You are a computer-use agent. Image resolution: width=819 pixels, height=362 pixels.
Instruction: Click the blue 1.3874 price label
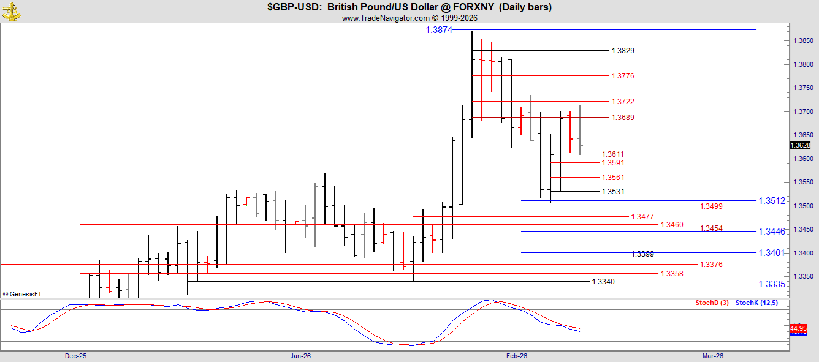click(439, 30)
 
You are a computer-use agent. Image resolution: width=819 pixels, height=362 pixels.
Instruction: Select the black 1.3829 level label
click(623, 51)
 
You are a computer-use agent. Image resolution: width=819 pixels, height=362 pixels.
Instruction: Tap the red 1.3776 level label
click(623, 76)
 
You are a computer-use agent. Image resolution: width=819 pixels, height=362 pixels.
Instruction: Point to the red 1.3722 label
click(623, 102)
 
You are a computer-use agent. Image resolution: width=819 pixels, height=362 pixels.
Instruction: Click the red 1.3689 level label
click(623, 118)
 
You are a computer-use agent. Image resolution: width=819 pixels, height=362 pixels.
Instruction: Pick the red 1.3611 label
click(613, 154)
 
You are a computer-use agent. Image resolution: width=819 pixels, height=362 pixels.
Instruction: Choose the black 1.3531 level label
click(613, 192)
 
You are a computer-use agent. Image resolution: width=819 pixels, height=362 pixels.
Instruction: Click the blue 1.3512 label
click(772, 201)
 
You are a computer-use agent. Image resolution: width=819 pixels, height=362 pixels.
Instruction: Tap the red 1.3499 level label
click(711, 206)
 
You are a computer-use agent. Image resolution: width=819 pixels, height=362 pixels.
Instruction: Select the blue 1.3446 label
click(772, 232)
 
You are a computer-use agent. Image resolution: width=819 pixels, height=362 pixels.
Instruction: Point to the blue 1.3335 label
click(772, 284)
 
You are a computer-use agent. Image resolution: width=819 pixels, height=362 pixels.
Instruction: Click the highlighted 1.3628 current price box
click(801, 145)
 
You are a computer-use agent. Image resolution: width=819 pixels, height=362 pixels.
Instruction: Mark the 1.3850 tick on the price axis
click(803, 41)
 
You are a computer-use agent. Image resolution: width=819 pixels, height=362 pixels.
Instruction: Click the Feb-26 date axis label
click(517, 356)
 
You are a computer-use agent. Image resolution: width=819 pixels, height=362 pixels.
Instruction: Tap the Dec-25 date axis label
click(75, 356)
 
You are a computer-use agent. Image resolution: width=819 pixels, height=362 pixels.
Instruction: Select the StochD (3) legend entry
click(712, 303)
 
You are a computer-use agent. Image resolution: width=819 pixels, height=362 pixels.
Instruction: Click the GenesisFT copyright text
click(22, 294)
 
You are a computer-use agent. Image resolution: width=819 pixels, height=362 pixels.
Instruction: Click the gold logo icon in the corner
click(11, 12)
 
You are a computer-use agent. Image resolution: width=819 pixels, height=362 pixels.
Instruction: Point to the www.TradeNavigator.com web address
click(386, 18)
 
